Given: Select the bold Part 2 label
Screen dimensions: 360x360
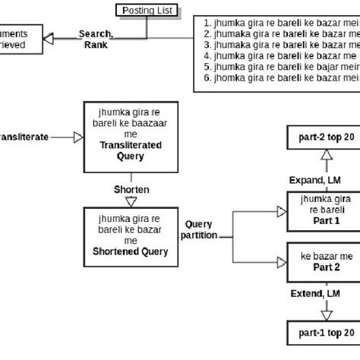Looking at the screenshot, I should (x=324, y=267).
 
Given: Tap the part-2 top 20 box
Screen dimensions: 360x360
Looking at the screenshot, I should (x=324, y=139).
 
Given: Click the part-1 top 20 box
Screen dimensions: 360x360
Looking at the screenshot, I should (x=324, y=333).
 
